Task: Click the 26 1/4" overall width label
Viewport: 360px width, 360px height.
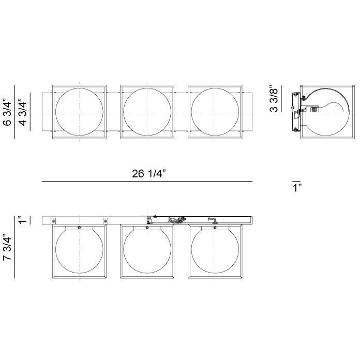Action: [x=147, y=174]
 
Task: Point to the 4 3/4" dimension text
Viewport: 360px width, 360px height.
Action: [x=23, y=110]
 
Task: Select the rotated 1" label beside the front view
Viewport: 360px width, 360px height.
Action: [x=21, y=220]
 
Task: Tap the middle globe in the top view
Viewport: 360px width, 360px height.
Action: [x=146, y=110]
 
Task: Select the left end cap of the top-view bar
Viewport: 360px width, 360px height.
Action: [x=47, y=110]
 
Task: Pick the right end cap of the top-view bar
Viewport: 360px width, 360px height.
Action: [x=247, y=110]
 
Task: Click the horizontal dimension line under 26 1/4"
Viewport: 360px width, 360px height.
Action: [x=147, y=182]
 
